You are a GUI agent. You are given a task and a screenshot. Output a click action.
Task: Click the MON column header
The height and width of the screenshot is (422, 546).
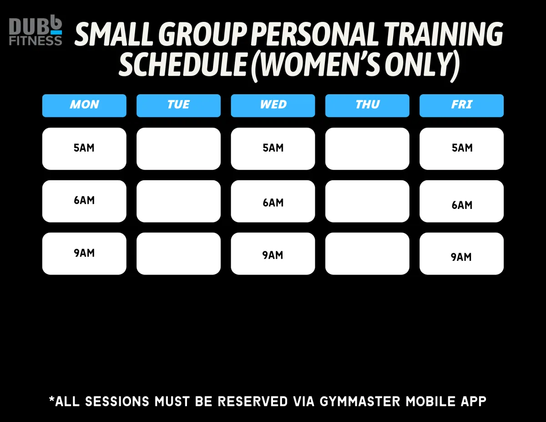(84, 106)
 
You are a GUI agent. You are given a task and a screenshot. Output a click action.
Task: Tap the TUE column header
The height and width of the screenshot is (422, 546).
(178, 106)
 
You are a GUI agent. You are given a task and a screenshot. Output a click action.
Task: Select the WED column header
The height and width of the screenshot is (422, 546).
(273, 106)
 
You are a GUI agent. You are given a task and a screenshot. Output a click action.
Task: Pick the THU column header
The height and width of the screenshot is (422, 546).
(367, 106)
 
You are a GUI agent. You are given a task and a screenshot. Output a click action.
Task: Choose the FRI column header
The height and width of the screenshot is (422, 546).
(461, 106)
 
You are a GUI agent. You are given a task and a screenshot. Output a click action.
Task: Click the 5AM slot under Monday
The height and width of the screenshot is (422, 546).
(84, 149)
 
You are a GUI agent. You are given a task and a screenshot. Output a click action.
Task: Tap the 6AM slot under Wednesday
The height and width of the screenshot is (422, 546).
(273, 201)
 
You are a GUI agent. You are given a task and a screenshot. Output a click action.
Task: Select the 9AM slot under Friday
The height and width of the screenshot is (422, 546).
(461, 254)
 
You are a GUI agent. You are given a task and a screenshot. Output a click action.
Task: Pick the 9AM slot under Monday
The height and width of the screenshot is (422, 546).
(84, 254)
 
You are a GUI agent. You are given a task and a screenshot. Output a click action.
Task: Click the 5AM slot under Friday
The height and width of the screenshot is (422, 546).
(461, 149)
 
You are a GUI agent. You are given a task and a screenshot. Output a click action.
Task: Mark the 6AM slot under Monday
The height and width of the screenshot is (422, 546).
(84, 201)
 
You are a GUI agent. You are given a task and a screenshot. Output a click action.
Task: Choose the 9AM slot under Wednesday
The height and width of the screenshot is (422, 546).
(273, 254)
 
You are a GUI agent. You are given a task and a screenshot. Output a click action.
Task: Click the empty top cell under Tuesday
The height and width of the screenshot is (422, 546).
(178, 149)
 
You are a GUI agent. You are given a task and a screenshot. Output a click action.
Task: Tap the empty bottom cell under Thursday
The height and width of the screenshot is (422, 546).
(367, 254)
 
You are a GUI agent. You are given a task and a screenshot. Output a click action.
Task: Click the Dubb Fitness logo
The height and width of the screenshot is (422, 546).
(35, 30)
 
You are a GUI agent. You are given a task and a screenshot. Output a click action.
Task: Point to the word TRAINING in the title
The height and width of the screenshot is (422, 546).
(444, 34)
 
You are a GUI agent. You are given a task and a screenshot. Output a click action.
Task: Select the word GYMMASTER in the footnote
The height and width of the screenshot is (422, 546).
(359, 401)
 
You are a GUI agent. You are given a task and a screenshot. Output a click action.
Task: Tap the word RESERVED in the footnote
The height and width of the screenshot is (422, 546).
(253, 401)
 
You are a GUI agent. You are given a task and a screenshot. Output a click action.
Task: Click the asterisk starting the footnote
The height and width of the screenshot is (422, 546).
(52, 399)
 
